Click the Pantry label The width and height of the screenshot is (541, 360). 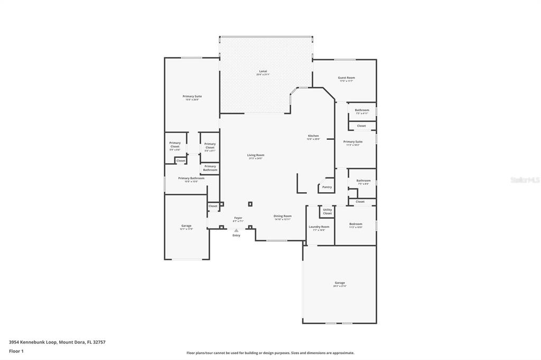coord(327,187)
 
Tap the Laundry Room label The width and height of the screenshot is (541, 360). coord(319,228)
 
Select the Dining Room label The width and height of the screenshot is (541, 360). coord(282,216)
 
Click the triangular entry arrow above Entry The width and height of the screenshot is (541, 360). coord(236,230)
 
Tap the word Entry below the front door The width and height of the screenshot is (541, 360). coord(236,235)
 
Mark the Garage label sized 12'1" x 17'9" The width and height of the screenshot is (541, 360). coord(186,226)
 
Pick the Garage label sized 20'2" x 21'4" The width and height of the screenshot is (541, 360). coord(340,283)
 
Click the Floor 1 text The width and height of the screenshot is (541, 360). coord(16,350)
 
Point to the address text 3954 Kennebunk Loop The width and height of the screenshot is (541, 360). coord(57,342)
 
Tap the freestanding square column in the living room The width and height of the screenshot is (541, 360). coord(250,204)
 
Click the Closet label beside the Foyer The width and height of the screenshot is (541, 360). coord(213,206)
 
